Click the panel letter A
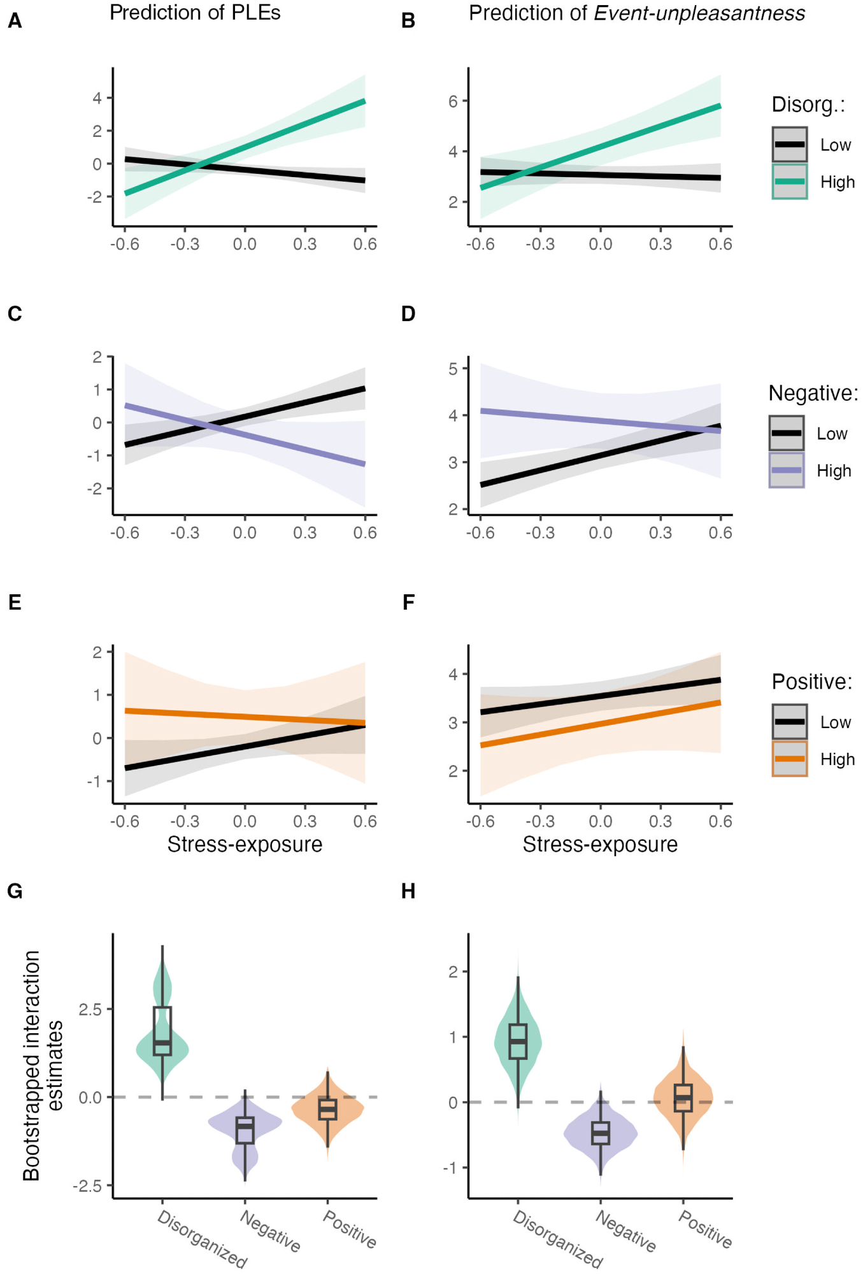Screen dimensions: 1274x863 point(15,21)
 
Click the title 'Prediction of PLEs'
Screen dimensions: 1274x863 point(195,13)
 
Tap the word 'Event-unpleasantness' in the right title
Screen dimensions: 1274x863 point(699,13)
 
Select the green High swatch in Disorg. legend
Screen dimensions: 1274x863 point(789,182)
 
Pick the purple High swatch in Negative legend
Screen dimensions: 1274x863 point(786,470)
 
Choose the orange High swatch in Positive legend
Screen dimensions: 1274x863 point(789,759)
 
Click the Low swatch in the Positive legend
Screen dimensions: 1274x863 point(789,722)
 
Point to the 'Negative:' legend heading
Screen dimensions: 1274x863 point(813,393)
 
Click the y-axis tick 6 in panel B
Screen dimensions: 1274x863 point(453,101)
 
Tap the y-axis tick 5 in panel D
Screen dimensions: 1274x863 point(453,369)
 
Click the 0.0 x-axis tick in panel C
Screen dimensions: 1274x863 point(245,533)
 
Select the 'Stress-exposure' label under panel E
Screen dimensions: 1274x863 point(245,845)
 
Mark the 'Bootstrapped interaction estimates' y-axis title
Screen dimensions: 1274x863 point(42,1065)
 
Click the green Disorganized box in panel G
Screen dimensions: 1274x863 point(162,1031)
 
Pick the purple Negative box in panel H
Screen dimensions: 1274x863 point(600,1133)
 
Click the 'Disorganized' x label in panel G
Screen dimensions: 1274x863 point(202,1238)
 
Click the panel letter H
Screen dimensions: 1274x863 point(408,891)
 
